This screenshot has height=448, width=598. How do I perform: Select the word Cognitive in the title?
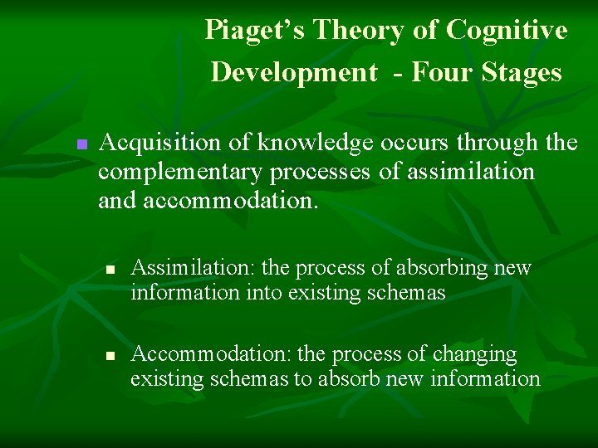coord(507,31)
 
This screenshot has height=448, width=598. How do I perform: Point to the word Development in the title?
coord(293,72)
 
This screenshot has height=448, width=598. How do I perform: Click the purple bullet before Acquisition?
coord(81,144)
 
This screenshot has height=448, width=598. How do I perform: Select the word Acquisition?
coord(160,143)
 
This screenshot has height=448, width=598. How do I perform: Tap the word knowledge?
coord(315,143)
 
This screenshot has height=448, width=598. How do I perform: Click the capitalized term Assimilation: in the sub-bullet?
coord(194,268)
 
